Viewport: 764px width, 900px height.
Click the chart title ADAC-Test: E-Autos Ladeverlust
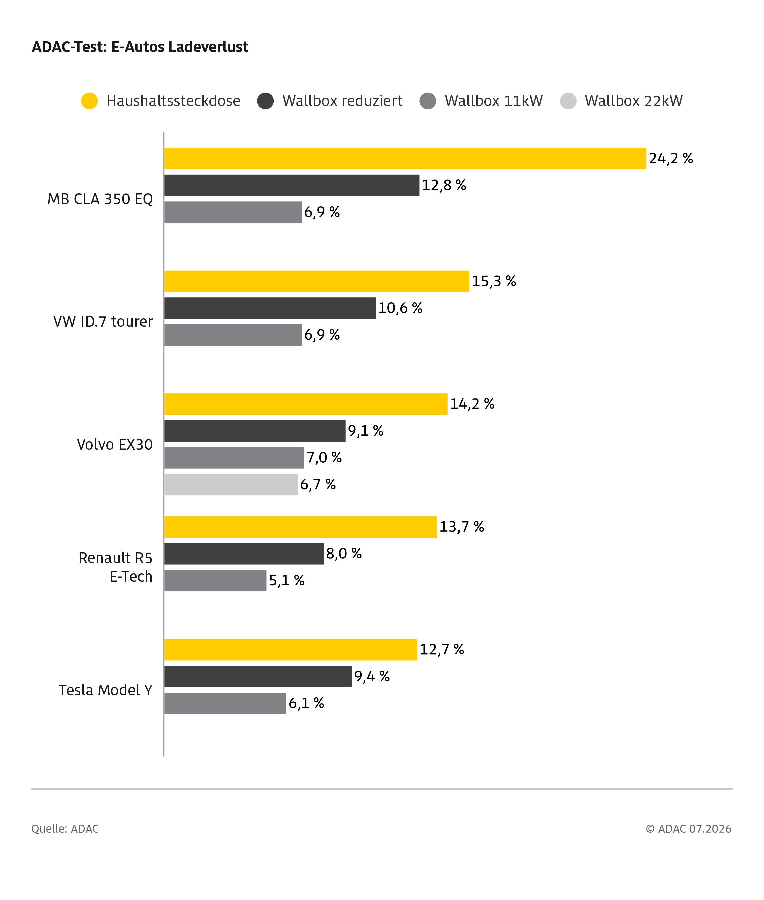click(x=140, y=47)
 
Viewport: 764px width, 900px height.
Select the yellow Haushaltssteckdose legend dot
click(x=90, y=101)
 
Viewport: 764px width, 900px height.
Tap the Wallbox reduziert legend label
click(x=342, y=101)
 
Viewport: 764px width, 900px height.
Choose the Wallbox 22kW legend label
click(x=634, y=101)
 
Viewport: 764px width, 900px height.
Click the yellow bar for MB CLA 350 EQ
click(x=405, y=159)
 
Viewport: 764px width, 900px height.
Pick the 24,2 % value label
click(x=671, y=159)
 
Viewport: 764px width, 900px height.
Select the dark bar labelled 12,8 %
click(x=291, y=185)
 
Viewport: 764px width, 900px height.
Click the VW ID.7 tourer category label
click(x=103, y=322)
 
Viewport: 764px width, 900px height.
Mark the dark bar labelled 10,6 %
click(x=270, y=308)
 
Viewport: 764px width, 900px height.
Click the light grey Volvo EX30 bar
click(x=231, y=485)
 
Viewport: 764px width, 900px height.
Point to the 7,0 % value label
click(x=324, y=458)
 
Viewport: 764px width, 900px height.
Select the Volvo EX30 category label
click(x=115, y=445)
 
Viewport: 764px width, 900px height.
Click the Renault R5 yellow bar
click(x=301, y=527)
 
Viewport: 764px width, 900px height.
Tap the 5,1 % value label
click(x=287, y=581)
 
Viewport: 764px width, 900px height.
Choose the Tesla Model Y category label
click(x=106, y=690)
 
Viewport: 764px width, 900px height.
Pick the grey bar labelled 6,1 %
click(x=225, y=703)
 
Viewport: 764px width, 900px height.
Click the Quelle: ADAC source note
click(x=65, y=829)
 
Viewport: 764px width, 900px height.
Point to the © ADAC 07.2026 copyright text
click(x=689, y=829)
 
